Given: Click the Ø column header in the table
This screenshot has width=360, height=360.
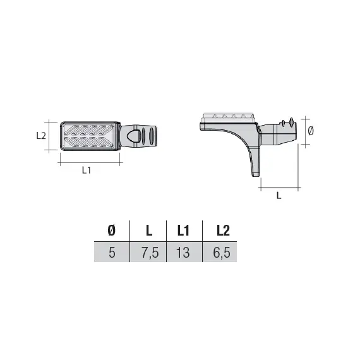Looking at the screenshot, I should tap(111, 231).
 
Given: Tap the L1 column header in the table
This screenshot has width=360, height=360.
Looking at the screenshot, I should tap(184, 231).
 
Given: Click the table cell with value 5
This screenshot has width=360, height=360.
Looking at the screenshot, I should tap(111, 253).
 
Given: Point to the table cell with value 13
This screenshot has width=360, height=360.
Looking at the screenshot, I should tap(184, 253).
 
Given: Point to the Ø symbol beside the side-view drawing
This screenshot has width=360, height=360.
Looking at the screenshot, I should tap(311, 131).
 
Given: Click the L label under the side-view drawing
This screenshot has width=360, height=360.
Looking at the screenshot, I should tap(279, 196).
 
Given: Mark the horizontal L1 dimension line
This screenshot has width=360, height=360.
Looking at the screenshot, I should tap(90, 162).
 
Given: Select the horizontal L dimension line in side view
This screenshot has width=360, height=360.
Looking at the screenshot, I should tap(279, 188).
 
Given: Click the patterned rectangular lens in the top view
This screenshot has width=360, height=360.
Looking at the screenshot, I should tap(90, 135).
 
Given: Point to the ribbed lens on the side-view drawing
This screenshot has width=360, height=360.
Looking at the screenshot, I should tap(228, 117).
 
